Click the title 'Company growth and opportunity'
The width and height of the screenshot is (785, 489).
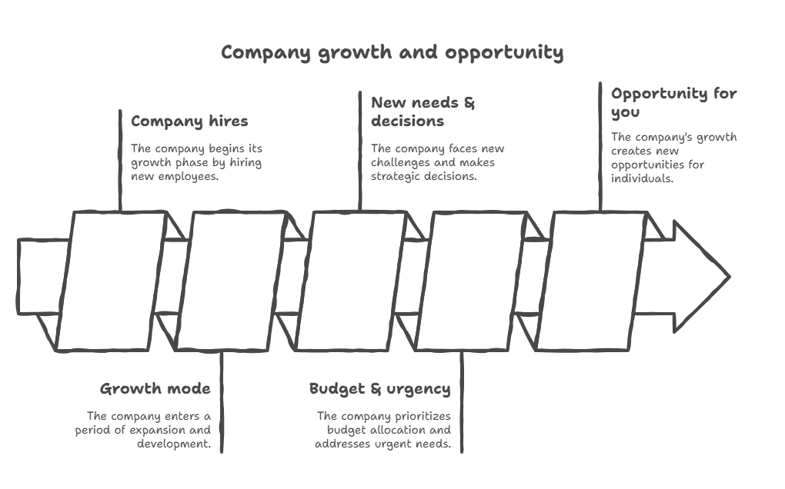392,53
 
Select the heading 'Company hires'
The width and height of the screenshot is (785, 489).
189,121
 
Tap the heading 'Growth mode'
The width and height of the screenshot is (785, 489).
155,388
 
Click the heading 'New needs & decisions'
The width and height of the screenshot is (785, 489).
423,111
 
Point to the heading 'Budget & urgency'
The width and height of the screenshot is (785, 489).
379,389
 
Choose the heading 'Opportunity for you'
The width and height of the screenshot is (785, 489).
673,103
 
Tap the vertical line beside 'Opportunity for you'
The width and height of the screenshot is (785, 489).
601,146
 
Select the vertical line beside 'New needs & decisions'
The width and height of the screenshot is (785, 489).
361,150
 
